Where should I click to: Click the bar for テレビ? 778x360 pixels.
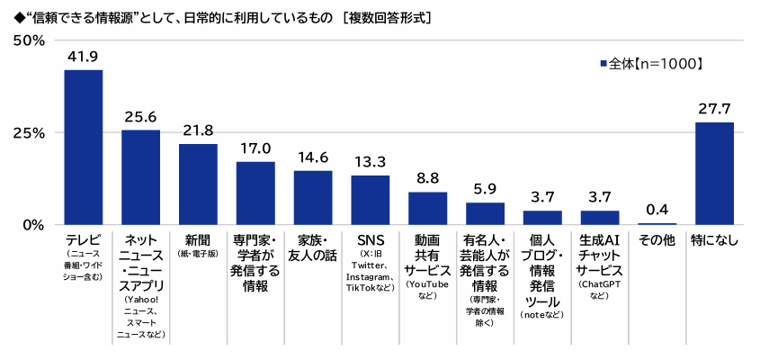(83, 147)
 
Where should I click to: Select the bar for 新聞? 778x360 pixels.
(198, 184)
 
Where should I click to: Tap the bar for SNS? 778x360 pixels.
(370, 199)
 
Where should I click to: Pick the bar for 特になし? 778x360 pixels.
(714, 173)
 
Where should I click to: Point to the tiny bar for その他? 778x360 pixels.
(657, 223)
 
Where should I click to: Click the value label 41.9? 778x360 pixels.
(83, 56)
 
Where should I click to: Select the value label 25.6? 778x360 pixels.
(140, 116)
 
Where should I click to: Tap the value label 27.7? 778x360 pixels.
(714, 108)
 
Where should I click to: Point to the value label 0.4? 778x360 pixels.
(657, 210)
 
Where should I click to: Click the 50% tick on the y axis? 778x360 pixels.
(29, 40)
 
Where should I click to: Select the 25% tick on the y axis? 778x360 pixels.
(29, 132)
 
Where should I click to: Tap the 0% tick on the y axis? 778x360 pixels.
(34, 224)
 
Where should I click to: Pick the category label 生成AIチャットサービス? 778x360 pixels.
(599, 255)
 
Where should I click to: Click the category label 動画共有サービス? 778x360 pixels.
(427, 255)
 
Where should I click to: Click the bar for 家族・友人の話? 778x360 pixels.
(313, 197)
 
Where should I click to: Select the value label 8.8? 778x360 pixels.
(427, 177)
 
